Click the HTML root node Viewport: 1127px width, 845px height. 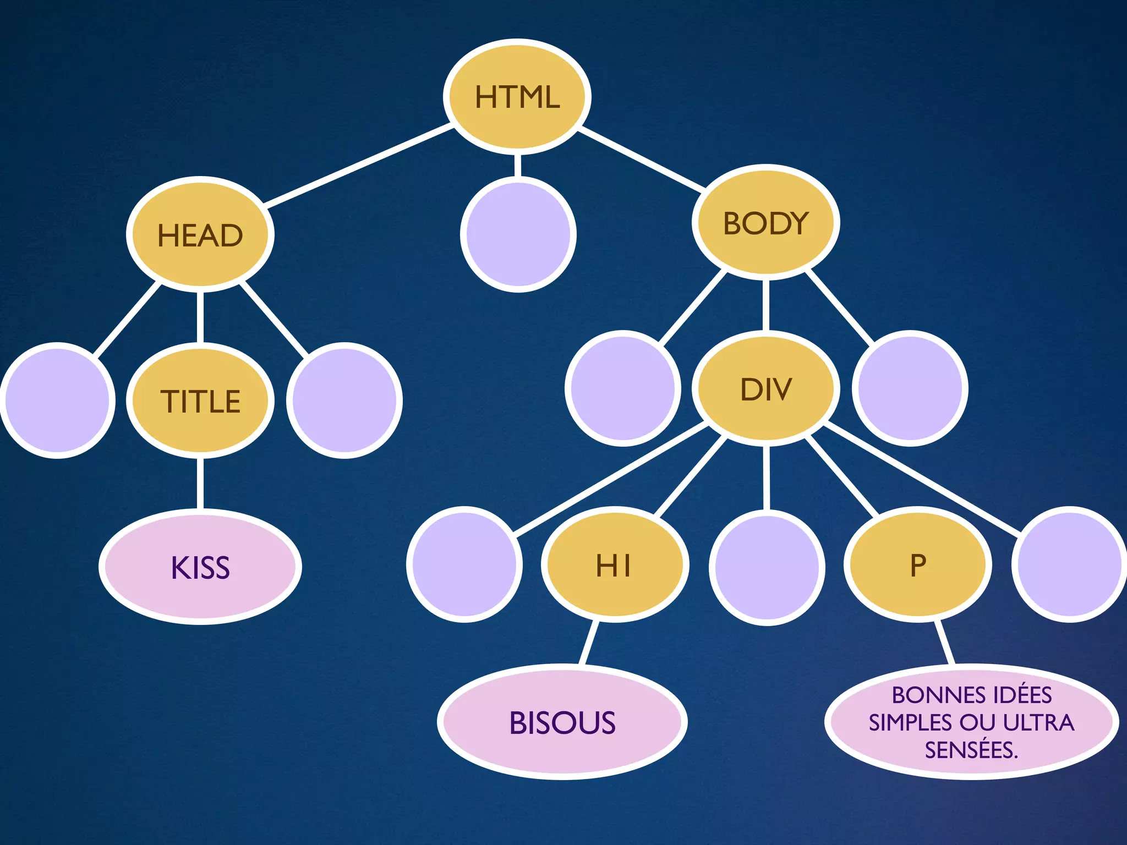tap(517, 97)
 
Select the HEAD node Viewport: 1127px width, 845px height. tap(200, 235)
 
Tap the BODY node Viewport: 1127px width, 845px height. tap(765, 222)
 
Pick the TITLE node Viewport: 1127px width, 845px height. tap(200, 400)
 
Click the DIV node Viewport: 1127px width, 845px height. tap(765, 388)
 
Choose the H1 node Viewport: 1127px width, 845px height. tap(615, 565)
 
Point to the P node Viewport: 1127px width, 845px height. tap(918, 565)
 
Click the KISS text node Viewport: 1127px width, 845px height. tap(200, 567)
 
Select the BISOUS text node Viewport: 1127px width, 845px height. tap(562, 722)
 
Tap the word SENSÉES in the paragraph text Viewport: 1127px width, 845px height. tap(969, 750)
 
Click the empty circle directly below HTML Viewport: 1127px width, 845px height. tap(518, 234)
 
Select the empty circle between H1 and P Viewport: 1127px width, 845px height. tap(767, 567)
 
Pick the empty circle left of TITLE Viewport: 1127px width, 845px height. tap(57, 400)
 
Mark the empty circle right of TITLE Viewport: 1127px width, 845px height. tap(344, 400)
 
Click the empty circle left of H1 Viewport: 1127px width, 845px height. tap(464, 564)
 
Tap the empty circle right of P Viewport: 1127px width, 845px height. tap(1069, 564)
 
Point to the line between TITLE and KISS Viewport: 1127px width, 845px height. tap(200, 484)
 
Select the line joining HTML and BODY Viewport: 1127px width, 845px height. tap(641, 160)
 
